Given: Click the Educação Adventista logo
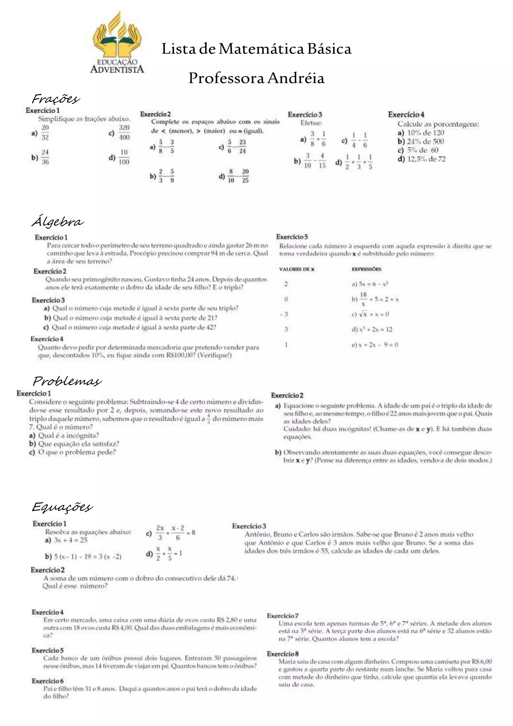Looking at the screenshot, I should [117, 43].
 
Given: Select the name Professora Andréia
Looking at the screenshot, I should [256, 78].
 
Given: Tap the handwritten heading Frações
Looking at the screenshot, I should [56, 99].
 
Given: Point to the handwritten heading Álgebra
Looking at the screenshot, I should [58, 222].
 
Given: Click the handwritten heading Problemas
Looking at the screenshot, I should [67, 381].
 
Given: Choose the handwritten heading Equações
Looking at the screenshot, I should [62, 507].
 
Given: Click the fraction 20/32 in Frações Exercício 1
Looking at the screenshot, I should [45, 132].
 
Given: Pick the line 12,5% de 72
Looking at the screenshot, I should [426, 159].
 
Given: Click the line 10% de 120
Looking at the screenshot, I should [425, 133].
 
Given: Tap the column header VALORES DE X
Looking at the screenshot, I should [297, 269].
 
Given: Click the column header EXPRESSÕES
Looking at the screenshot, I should [366, 269].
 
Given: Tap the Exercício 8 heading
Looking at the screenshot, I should [283, 654].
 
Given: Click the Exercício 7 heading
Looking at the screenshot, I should [283, 616].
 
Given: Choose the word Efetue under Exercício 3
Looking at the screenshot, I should [311, 123].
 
